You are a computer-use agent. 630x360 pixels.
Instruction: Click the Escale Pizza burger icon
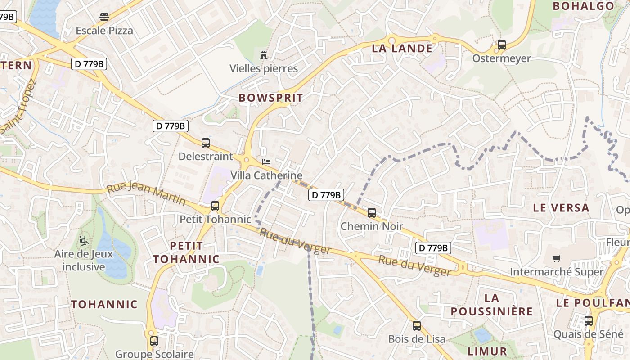[x=104, y=17]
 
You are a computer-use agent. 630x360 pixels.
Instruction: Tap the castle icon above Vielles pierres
[x=264, y=55]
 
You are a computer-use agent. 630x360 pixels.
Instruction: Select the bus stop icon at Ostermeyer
[x=501, y=45]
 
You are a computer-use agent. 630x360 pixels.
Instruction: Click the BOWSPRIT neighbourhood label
[x=271, y=98]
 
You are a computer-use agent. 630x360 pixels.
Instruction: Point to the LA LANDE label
[x=402, y=48]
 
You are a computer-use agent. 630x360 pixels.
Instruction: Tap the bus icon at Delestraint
[x=206, y=143]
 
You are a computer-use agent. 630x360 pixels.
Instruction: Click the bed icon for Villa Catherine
[x=266, y=162]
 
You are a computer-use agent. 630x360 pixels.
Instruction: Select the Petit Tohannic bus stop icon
[x=215, y=206]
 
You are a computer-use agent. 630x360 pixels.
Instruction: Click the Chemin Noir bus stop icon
[x=372, y=213]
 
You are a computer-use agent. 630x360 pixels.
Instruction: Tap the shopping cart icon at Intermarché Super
[x=557, y=258]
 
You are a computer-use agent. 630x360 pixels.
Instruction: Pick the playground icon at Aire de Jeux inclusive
[x=83, y=241]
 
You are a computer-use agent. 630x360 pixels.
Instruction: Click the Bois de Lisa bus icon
[x=417, y=325]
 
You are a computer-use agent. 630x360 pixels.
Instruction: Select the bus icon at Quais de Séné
[x=588, y=321]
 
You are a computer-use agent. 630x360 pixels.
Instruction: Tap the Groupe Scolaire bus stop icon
[x=154, y=341]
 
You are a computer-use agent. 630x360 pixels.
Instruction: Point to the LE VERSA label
[x=561, y=208]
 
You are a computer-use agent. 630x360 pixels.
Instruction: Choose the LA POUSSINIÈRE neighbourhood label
[x=492, y=305]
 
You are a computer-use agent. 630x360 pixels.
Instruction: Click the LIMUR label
[x=487, y=351]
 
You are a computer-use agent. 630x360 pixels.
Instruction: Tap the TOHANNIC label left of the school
[x=104, y=304]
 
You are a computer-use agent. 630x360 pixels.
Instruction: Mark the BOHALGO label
[x=583, y=6]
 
